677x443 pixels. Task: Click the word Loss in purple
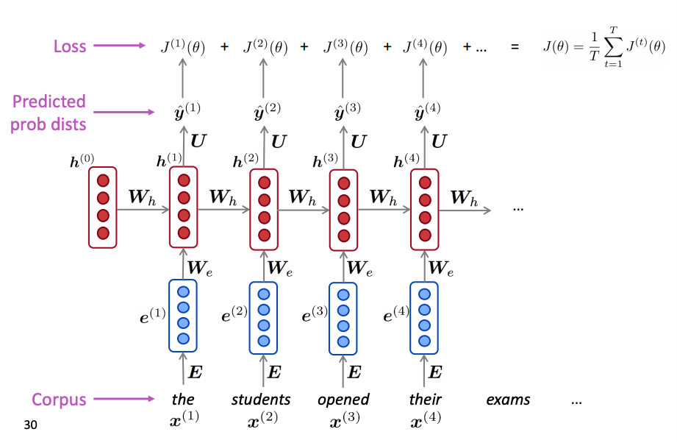point(70,46)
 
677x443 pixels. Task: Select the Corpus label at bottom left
point(59,400)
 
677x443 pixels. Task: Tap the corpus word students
point(261,400)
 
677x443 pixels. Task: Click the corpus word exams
point(508,400)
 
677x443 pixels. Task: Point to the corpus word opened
point(343,400)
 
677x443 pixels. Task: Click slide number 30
point(30,425)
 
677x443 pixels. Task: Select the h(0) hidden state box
point(103,207)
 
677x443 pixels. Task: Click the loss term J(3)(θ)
point(345,47)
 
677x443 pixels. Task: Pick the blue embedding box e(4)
point(424,316)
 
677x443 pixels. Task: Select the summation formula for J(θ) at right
point(603,47)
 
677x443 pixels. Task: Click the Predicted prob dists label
point(48,112)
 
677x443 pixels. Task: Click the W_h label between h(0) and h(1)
point(142,196)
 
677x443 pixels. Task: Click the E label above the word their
point(434,372)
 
